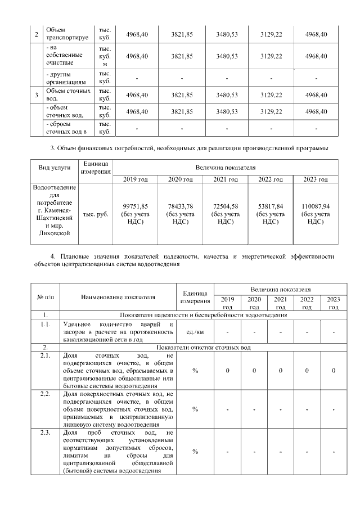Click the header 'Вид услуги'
pyautogui.click(x=55, y=168)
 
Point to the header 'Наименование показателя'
pyautogui.click(x=118, y=296)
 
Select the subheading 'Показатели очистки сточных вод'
pyautogui.click(x=203, y=348)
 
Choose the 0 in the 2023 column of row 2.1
pyautogui.click(x=334, y=371)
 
